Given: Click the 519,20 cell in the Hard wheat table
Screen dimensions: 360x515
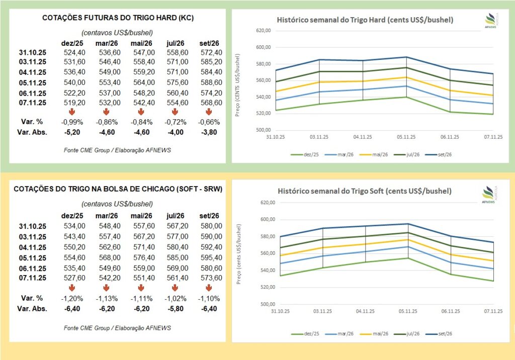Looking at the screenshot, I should point(74,102).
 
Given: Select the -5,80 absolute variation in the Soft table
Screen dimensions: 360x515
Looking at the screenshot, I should point(175,308).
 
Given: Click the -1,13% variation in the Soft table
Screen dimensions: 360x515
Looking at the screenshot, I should point(106,298).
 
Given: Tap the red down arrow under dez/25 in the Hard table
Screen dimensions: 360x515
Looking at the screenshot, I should point(72,112).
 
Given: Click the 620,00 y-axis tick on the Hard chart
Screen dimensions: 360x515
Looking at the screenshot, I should point(264,31).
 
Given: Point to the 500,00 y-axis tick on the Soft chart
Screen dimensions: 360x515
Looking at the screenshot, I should point(264,304).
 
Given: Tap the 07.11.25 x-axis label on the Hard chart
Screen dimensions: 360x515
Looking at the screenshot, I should point(493,137).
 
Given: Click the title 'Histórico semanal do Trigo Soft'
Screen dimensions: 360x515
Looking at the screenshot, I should point(365,192).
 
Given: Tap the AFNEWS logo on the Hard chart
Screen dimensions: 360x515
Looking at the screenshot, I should point(491,20).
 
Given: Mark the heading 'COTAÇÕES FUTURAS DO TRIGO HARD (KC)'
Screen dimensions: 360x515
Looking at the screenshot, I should point(118,18).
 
